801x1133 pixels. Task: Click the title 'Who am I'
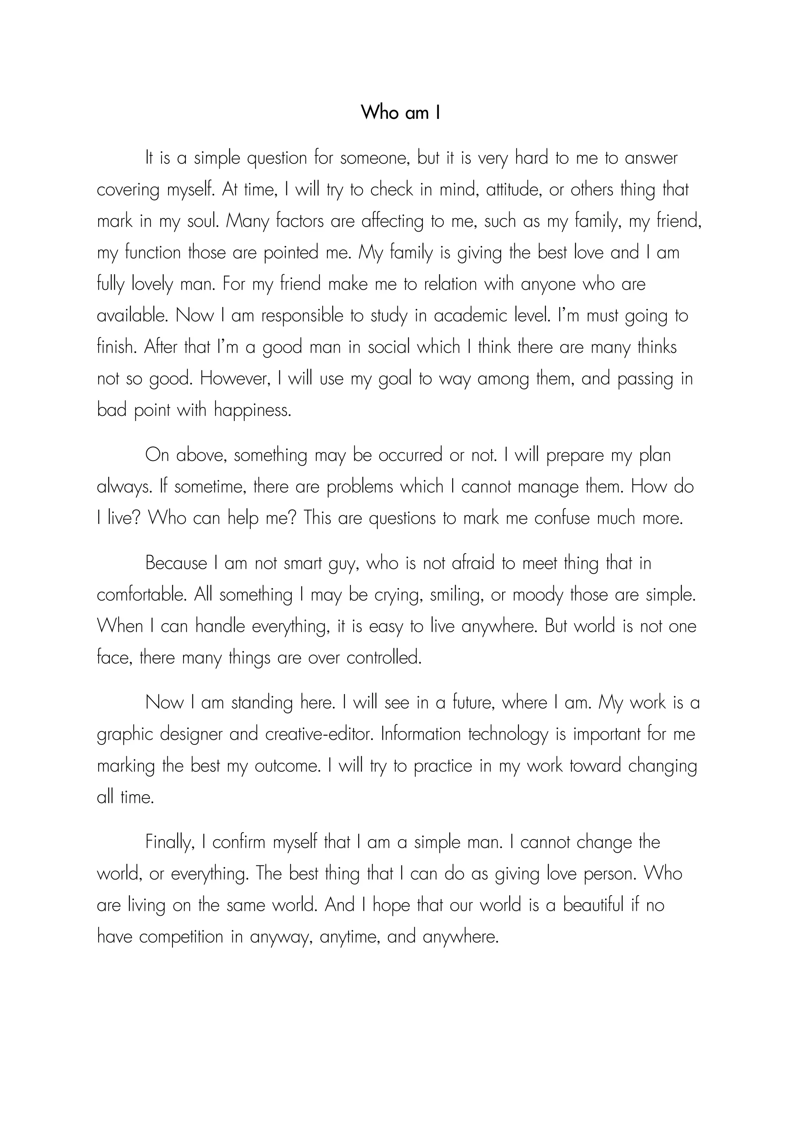click(400, 113)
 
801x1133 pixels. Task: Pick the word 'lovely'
click(153, 285)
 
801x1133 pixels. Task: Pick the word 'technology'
click(508, 735)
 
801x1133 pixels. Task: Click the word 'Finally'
click(168, 843)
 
